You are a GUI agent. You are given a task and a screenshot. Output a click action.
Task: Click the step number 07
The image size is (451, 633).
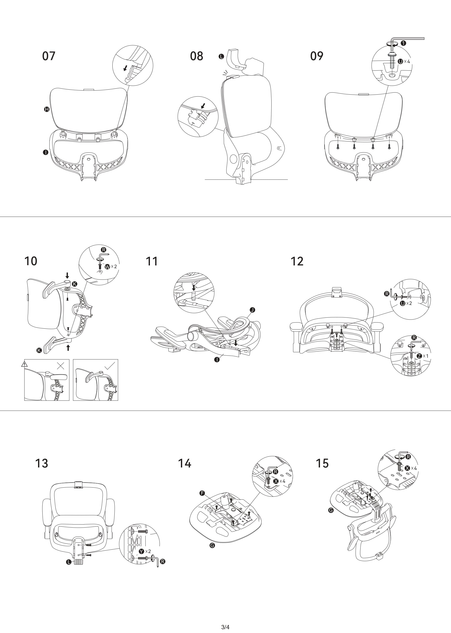[x=49, y=56]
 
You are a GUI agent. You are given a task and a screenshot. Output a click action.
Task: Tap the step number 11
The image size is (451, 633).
[x=152, y=261]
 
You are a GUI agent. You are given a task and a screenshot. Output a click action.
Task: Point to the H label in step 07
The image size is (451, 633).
[x=47, y=109]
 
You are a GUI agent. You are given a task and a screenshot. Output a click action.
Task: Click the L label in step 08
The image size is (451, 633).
[x=221, y=57]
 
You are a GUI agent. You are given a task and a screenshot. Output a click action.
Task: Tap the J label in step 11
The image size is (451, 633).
[x=252, y=310]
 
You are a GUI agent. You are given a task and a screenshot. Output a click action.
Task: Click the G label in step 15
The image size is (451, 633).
[x=331, y=510]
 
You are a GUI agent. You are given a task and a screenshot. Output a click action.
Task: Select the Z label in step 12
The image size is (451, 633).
[x=419, y=356]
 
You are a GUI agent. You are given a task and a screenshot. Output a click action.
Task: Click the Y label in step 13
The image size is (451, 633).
[x=141, y=551]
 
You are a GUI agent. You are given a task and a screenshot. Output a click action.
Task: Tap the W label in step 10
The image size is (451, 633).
[x=107, y=267]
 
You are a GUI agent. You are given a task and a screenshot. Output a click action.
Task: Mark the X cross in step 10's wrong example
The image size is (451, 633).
[x=60, y=366]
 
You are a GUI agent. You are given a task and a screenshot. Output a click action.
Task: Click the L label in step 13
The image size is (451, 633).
[x=68, y=562]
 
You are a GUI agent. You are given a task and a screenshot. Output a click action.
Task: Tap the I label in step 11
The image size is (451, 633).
[x=217, y=360]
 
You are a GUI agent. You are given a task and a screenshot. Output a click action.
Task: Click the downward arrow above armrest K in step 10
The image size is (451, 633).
[x=67, y=275]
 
